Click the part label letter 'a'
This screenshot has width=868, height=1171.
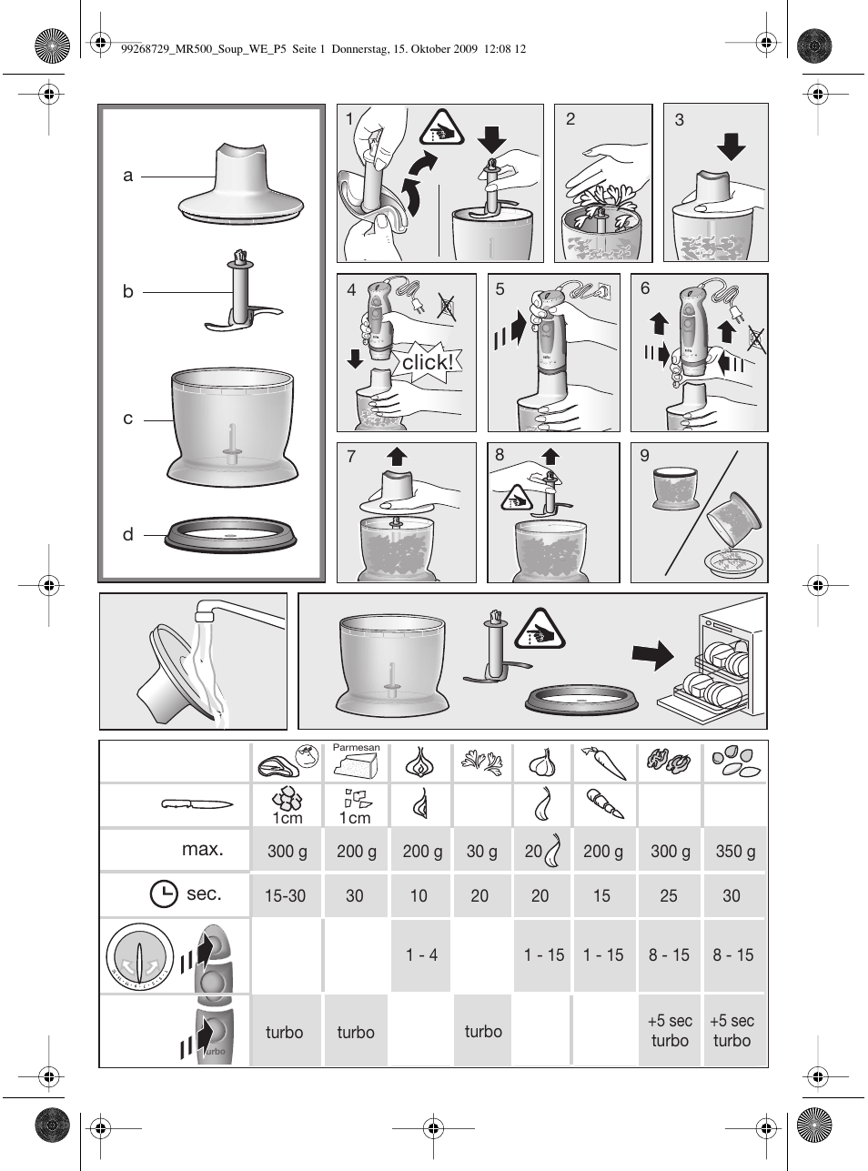(x=128, y=176)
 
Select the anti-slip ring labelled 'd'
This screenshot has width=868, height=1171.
(x=231, y=536)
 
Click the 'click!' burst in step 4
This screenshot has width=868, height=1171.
(x=426, y=361)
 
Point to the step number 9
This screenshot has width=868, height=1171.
(x=645, y=456)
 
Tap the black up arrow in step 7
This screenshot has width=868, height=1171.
(x=395, y=456)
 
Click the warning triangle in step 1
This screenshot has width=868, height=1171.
(x=442, y=130)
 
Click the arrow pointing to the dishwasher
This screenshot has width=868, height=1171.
(x=653, y=654)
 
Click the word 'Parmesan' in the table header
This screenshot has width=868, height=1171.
(x=356, y=748)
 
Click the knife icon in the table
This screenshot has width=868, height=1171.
(x=197, y=804)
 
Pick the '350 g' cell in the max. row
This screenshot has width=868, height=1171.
(x=735, y=852)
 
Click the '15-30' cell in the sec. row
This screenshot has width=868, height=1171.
(x=285, y=896)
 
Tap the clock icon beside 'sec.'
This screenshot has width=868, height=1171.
(x=164, y=894)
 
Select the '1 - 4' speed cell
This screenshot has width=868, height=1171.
(x=421, y=954)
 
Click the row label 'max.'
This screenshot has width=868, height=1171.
(x=202, y=850)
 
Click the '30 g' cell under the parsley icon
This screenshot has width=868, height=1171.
(x=482, y=852)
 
